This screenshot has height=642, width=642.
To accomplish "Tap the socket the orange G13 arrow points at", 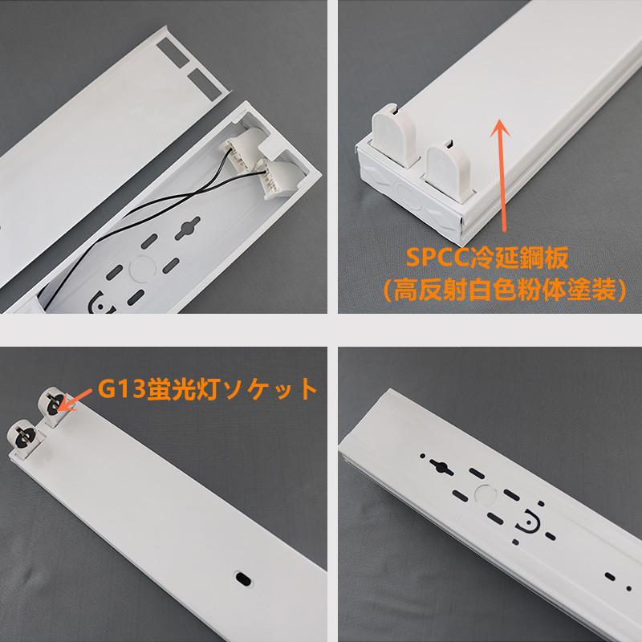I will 52,406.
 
